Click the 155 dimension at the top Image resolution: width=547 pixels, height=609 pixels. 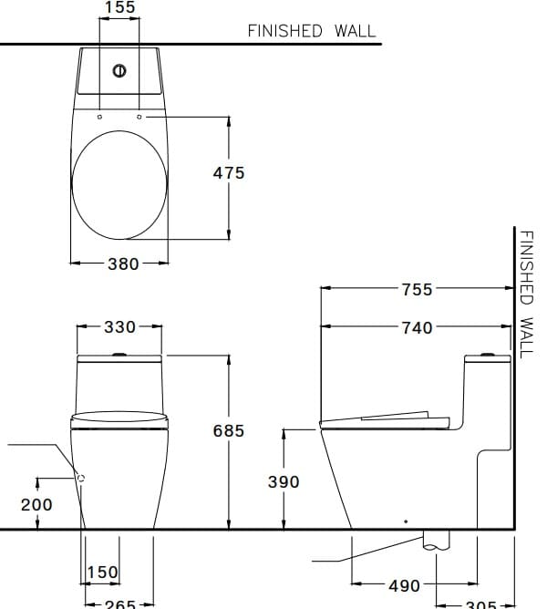(x=119, y=8)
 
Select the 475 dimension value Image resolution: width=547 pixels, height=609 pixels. (x=229, y=172)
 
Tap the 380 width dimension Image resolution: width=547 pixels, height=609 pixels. (x=123, y=264)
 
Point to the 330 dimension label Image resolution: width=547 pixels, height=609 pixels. (x=119, y=326)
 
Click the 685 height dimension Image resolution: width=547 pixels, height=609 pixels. (x=229, y=431)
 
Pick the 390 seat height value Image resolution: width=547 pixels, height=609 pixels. (x=284, y=482)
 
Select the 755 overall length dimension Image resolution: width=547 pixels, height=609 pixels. (x=418, y=290)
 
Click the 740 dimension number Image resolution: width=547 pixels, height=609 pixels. (x=418, y=327)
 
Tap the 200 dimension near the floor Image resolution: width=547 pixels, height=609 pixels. (x=37, y=504)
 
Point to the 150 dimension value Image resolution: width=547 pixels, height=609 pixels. (x=102, y=573)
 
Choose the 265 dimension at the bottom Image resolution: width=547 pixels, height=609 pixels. (x=119, y=603)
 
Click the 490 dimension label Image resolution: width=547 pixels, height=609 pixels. (x=404, y=586)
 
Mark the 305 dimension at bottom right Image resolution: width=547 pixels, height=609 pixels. (x=480, y=604)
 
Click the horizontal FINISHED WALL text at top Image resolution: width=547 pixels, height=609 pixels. (x=311, y=30)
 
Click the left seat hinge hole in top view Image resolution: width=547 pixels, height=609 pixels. (x=99, y=117)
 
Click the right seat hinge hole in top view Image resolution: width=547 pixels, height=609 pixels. (x=139, y=117)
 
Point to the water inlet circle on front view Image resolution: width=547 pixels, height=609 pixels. (x=81, y=477)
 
